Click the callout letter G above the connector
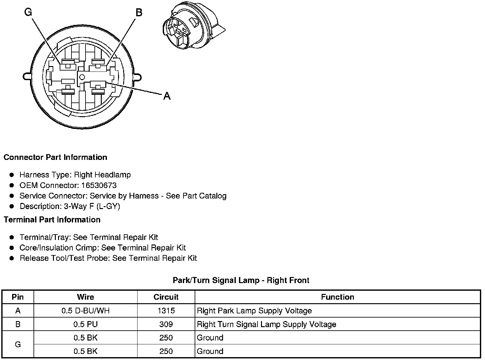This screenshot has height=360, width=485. tap(28, 12)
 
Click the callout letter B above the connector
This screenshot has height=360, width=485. tap(139, 12)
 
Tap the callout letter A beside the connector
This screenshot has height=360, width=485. tap(167, 96)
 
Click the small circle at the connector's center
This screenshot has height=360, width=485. tap(82, 77)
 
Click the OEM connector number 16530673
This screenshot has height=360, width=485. tap(99, 185)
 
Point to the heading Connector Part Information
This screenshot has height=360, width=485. tap(55, 157)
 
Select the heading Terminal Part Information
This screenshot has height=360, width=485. tap(52, 220)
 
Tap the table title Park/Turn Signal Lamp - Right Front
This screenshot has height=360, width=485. tap(241, 280)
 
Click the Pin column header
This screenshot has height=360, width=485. tap(18, 297)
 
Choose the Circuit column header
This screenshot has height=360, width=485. tap(166, 297)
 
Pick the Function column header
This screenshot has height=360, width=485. tap(338, 297)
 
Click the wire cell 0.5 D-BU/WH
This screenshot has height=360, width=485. tap(86, 311)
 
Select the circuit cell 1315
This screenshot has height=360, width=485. tap(166, 311)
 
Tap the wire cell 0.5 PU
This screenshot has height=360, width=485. tap(86, 324)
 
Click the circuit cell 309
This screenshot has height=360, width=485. tap(166, 324)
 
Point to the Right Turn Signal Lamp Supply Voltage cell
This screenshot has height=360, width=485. tap(266, 324)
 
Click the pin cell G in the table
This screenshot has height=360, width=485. tap(18, 344)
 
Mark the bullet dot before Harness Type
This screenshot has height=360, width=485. tap(12, 175)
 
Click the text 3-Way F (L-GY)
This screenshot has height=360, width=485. tap(92, 206)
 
